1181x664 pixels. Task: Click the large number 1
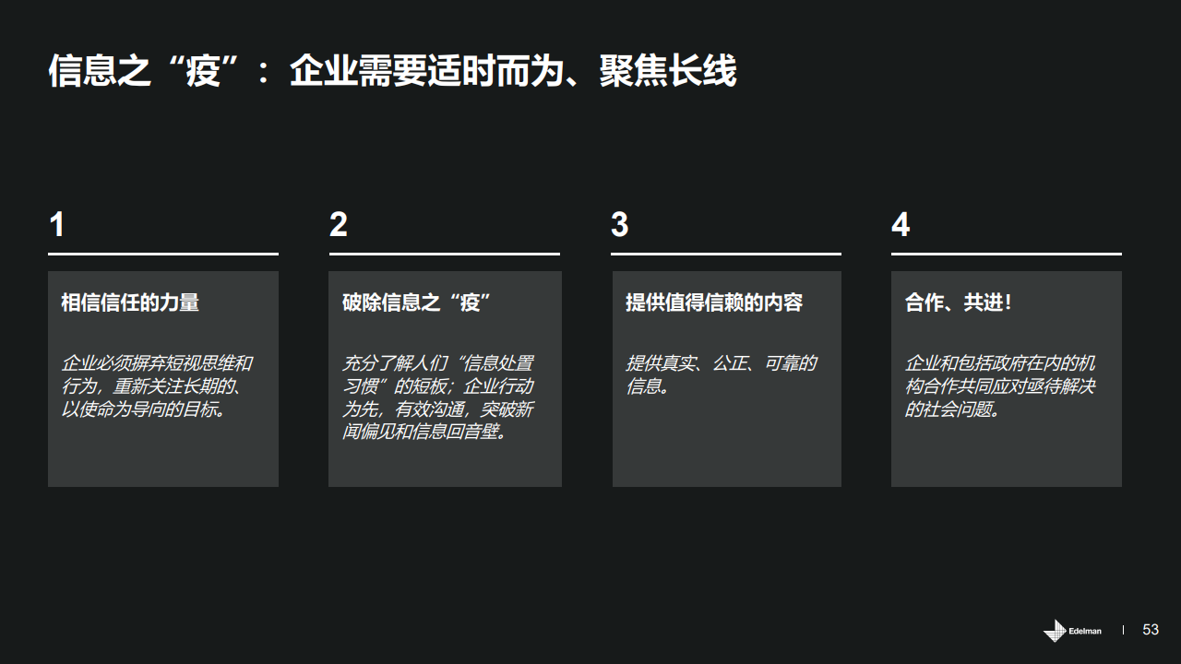(x=57, y=224)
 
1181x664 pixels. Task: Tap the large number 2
(x=339, y=224)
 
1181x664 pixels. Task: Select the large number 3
(x=619, y=224)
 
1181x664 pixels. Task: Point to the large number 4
(x=901, y=224)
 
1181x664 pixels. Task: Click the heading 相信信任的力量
(x=130, y=302)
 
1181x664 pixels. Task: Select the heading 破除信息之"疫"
(x=416, y=302)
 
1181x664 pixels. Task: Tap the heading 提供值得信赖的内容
(x=714, y=302)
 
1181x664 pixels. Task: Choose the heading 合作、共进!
(x=958, y=302)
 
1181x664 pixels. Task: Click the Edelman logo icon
(x=1055, y=630)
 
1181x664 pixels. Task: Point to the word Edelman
(x=1085, y=631)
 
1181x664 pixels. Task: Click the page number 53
(x=1151, y=630)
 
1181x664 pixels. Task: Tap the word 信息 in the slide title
(x=82, y=71)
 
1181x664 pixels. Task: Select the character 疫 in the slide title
(x=203, y=71)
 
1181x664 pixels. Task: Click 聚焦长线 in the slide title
(x=668, y=71)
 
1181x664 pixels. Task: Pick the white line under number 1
(x=163, y=254)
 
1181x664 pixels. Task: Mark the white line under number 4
(x=1007, y=254)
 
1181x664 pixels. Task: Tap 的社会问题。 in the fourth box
(x=952, y=409)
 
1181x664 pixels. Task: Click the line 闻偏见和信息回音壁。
(x=425, y=432)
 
